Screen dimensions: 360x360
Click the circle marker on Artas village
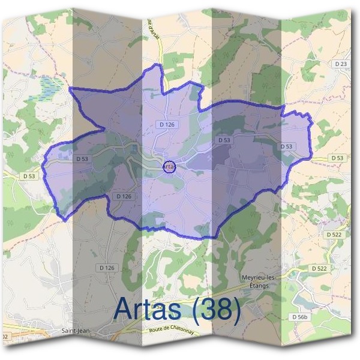click(x=169, y=167)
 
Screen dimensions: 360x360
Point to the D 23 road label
click(x=341, y=64)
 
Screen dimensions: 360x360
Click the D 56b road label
click(x=299, y=316)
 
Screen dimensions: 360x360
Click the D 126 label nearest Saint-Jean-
click(x=107, y=268)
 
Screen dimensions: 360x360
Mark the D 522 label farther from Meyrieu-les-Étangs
click(x=333, y=233)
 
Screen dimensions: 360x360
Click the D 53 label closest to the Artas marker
click(x=224, y=140)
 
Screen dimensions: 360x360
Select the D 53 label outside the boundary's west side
click(x=29, y=176)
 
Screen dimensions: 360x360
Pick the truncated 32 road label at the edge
click(x=5, y=337)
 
